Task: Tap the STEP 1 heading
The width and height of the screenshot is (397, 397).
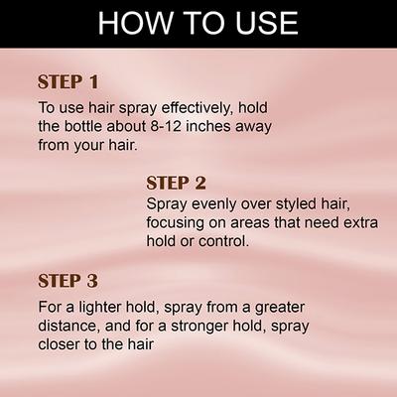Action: point(68,82)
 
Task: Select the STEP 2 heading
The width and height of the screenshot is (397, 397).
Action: point(177,183)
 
